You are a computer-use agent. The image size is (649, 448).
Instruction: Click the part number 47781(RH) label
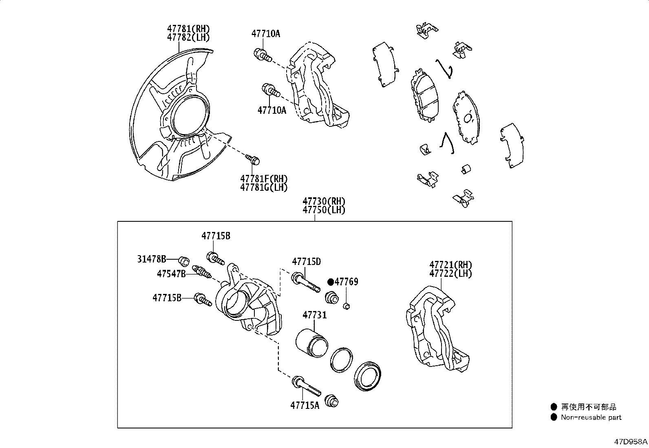coord(188,29)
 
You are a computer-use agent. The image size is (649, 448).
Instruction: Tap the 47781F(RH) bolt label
coord(264,179)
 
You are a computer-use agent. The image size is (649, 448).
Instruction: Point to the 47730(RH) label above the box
coord(324,201)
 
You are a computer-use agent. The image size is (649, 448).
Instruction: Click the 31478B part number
coord(152,259)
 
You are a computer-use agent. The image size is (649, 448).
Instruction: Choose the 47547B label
coord(171,274)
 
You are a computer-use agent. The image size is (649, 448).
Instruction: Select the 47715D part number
coord(306,261)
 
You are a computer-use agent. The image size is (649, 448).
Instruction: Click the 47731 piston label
coord(314,315)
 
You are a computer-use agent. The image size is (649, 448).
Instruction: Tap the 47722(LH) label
coord(450,274)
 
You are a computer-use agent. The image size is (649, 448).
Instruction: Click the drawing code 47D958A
coord(631,441)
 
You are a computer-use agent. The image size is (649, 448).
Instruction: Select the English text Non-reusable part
coord(591,417)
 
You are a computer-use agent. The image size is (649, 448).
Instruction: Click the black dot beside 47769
coord(331,282)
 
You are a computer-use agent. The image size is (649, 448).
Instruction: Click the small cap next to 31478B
coord(184,260)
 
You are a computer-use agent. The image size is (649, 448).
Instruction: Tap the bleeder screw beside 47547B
coord(203,272)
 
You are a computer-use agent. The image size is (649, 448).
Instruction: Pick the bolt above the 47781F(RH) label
coord(253,159)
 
